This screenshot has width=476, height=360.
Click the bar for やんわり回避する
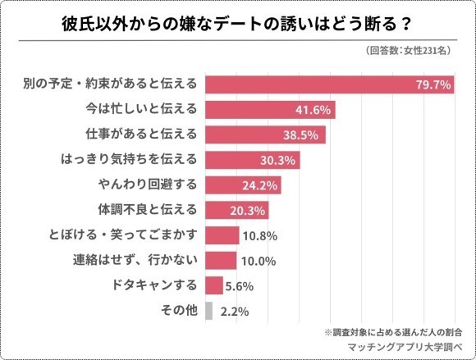[242, 185]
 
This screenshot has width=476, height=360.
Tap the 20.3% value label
[251, 211]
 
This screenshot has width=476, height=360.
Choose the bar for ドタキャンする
[213, 286]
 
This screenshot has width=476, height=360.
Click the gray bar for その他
[208, 311]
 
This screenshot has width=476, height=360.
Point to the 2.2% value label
[235, 312]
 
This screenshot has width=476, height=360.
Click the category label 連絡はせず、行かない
[136, 261]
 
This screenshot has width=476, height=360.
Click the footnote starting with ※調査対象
[392, 333]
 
